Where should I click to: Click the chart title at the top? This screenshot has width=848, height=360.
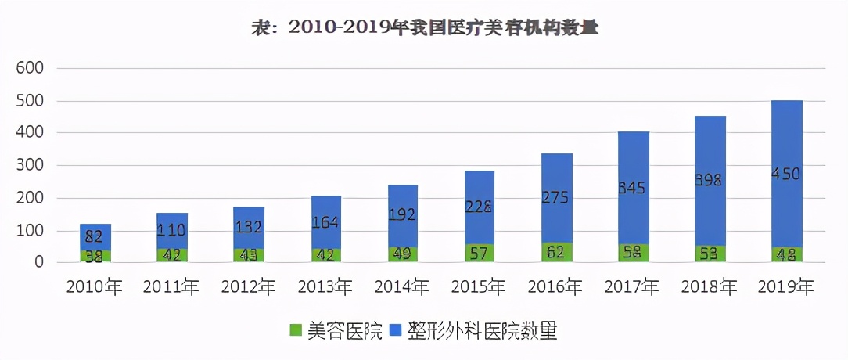(424, 27)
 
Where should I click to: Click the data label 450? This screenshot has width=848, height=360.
(786, 175)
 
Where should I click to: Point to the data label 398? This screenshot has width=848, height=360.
(710, 180)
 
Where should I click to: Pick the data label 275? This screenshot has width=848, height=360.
(557, 198)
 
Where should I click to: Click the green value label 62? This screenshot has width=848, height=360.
(557, 252)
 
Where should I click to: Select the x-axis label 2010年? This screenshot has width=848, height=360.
(95, 287)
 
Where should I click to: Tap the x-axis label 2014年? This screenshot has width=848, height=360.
(402, 287)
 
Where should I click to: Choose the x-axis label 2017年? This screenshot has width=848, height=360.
(633, 287)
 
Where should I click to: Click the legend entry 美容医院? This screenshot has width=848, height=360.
(336, 331)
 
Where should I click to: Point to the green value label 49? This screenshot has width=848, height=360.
(403, 254)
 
